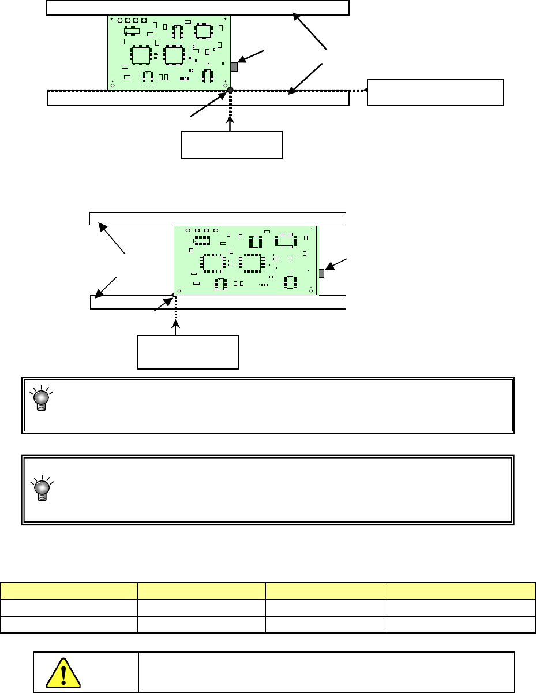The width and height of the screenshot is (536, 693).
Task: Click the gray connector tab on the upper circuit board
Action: pyautogui.click(x=234, y=67)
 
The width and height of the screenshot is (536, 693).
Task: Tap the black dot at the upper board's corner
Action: pyautogui.click(x=230, y=90)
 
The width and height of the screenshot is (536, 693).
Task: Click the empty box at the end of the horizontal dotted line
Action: pyautogui.click(x=435, y=92)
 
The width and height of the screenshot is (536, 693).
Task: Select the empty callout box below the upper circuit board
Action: pyautogui.click(x=232, y=145)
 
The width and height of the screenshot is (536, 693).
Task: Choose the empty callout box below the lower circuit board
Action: pyautogui.click(x=188, y=352)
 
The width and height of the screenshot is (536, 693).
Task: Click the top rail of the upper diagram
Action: pyautogui.click(x=197, y=8)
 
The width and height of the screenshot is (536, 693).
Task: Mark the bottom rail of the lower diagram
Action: pyautogui.click(x=218, y=303)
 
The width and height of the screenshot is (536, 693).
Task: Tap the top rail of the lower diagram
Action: pyautogui.click(x=218, y=218)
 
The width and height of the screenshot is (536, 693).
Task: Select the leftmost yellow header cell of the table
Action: pyautogui.click(x=69, y=591)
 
